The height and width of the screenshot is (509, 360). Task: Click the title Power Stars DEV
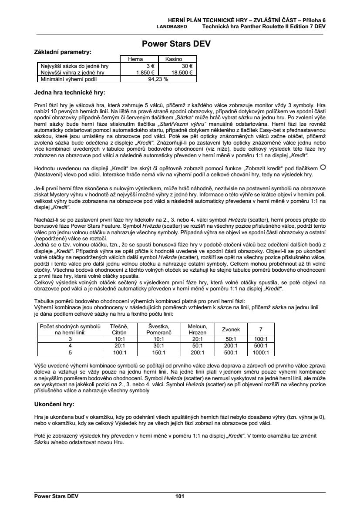pos(179,44)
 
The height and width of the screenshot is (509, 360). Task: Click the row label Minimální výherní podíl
pos(65,79)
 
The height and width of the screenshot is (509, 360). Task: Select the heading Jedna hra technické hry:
pos(70,92)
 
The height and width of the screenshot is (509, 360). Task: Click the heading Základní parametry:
pos(63,52)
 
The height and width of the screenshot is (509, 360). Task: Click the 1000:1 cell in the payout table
pos(261,353)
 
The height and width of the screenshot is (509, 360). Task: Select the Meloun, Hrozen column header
pos(197,330)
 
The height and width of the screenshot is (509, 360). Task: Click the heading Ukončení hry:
pos(54,405)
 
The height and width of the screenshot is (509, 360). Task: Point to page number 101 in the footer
pos(180,496)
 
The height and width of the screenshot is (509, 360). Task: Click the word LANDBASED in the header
pos(172,27)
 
